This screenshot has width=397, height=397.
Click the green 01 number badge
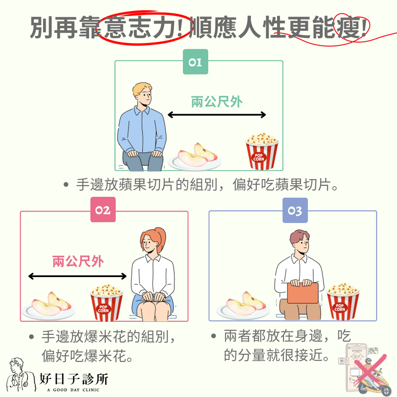196,62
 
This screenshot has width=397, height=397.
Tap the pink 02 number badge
103,209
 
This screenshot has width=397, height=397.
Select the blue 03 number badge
295,210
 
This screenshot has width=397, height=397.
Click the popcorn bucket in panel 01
262,151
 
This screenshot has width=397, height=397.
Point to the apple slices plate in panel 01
195,158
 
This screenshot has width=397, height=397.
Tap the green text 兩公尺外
217,102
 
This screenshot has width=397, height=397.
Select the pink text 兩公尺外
78,261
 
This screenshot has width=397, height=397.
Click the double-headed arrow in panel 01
217,115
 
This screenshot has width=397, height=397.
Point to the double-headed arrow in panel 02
77,276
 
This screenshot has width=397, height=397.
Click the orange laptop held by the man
303,293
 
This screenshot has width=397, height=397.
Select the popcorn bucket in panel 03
343,301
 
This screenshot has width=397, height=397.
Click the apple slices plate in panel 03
243,306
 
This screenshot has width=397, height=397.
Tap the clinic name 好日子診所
73,379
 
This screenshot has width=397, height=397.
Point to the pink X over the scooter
370,371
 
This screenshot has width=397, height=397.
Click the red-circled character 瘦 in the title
351,27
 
